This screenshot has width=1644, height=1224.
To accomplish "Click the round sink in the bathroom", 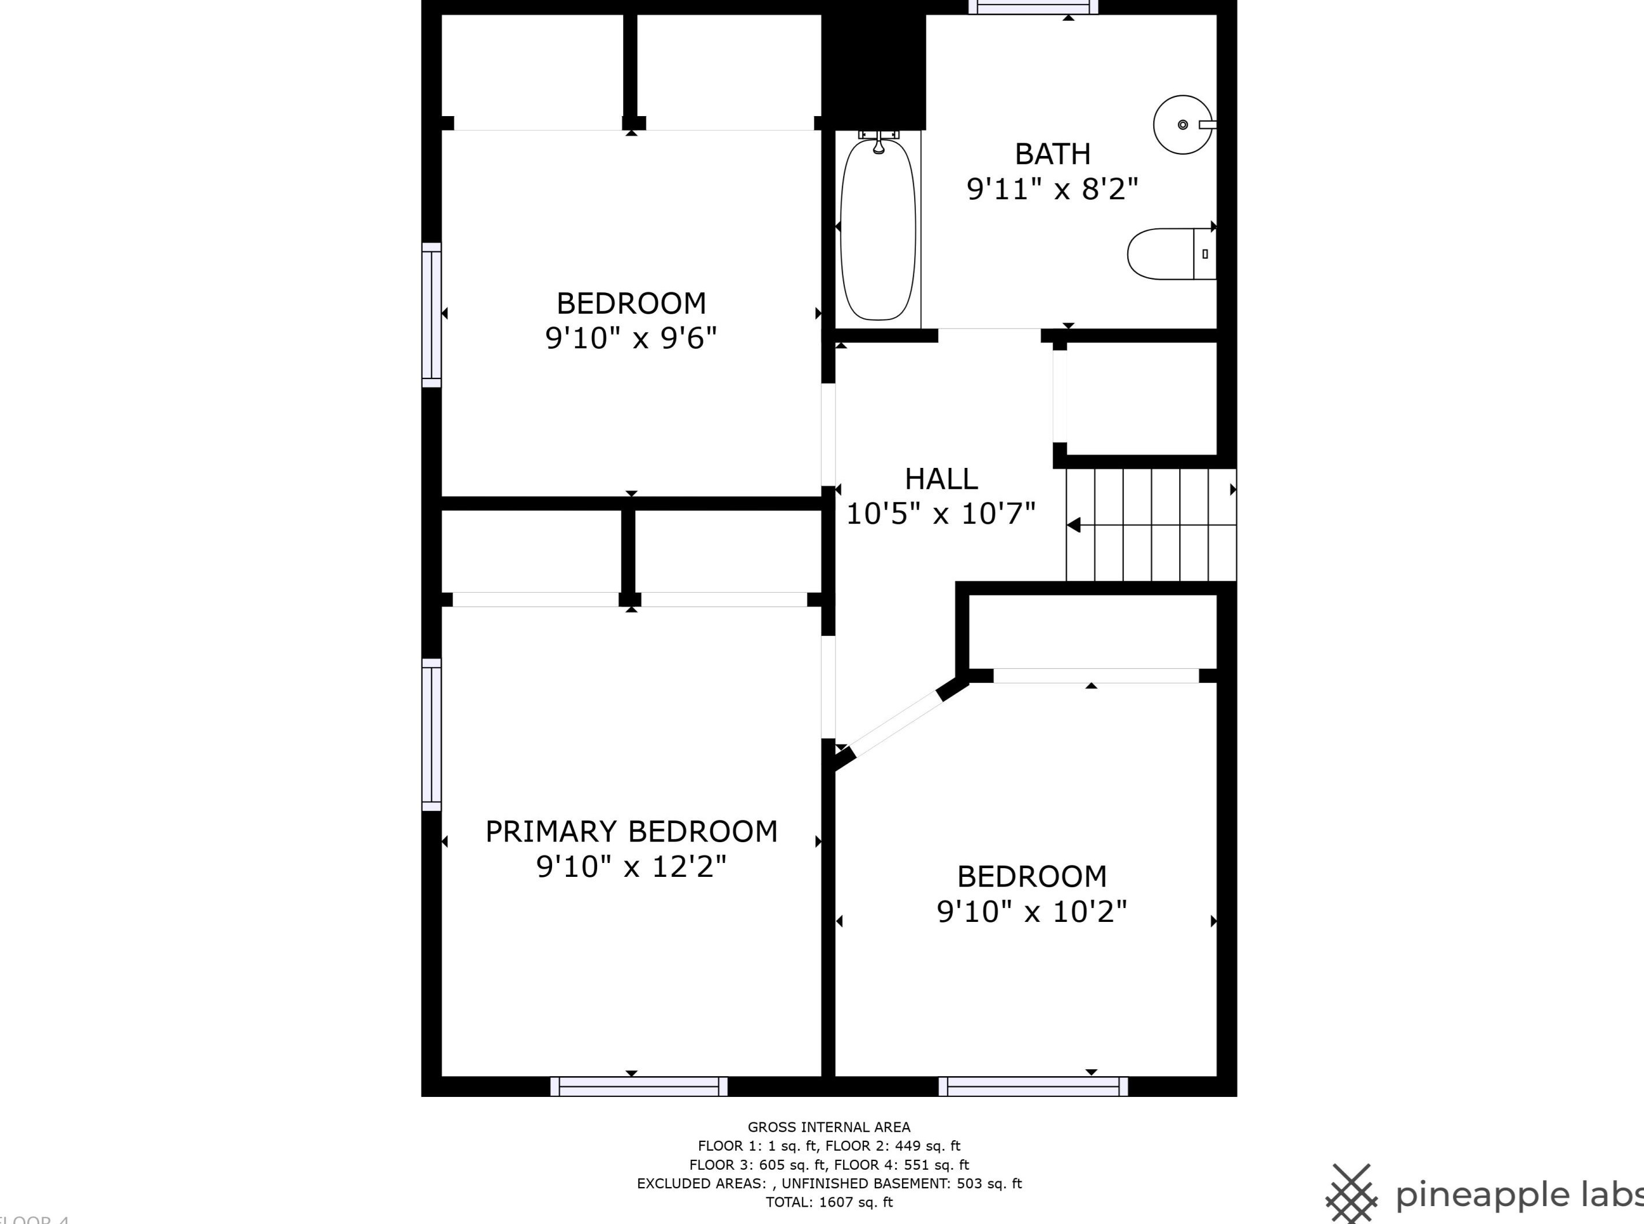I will pyautogui.click(x=1183, y=124).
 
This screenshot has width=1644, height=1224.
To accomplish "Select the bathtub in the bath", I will pyautogui.click(x=878, y=228).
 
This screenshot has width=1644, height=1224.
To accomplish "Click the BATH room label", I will pyautogui.click(x=1052, y=154).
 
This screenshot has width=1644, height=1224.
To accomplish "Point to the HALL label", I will pyautogui.click(x=941, y=479).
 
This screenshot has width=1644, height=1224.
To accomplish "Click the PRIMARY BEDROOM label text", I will pyautogui.click(x=631, y=831).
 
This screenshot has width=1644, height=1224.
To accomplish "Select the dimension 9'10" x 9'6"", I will pyautogui.click(x=631, y=338).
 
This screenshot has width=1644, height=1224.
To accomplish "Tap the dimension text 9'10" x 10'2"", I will pyautogui.click(x=1031, y=912).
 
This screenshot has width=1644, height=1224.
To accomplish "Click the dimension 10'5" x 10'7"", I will pyautogui.click(x=941, y=514).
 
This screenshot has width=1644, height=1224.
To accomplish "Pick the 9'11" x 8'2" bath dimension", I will pyautogui.click(x=1052, y=189).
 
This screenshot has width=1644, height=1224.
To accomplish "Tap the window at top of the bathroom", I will pyautogui.click(x=1034, y=8).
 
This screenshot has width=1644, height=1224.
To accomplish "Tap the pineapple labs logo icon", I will pyautogui.click(x=1351, y=1193).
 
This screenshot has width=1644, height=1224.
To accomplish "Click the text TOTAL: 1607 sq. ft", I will pyautogui.click(x=829, y=1202).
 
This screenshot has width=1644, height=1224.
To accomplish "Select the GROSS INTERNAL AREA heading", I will pyautogui.click(x=829, y=1127).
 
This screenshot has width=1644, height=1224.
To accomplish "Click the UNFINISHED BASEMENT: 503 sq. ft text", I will pyautogui.click(x=901, y=1183).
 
